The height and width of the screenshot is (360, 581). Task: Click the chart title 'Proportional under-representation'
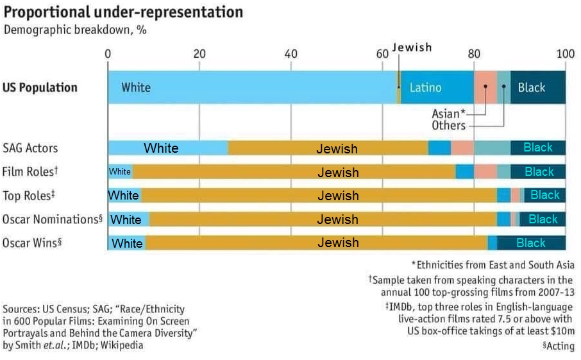(123, 12)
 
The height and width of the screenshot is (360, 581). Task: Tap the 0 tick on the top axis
(108, 54)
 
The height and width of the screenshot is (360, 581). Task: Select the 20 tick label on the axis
(199, 54)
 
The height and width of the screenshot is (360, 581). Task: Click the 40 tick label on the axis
(291, 54)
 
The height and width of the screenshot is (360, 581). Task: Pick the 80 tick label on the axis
(474, 54)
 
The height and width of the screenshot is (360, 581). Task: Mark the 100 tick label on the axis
(565, 54)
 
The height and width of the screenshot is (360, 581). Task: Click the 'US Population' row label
(40, 87)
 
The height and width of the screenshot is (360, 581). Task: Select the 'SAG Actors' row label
(30, 148)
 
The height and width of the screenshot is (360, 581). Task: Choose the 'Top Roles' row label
(28, 196)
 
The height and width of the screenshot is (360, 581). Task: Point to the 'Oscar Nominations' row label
(52, 219)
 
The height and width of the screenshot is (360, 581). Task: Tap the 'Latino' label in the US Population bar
(426, 88)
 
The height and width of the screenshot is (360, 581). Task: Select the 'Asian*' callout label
(448, 114)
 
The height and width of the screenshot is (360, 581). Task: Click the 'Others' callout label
(448, 126)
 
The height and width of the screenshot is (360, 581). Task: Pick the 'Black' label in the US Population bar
(531, 88)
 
